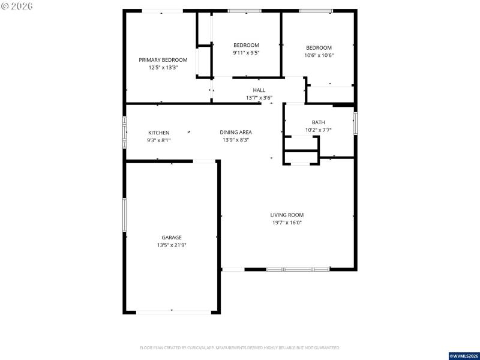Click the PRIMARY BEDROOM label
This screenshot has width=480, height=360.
(163, 60)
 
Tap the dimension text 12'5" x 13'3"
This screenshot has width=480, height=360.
(163, 68)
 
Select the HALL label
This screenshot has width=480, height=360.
(259, 90)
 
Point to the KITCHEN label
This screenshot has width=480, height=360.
(159, 133)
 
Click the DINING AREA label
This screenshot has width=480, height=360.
(236, 133)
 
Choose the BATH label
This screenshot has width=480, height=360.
(318, 122)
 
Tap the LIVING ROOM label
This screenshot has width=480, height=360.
(287, 215)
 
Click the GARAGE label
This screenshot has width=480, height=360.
(171, 238)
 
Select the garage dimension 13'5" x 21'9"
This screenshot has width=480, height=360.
(171, 245)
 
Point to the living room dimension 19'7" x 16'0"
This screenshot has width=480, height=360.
(287, 223)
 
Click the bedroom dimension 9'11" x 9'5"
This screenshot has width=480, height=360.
(246, 53)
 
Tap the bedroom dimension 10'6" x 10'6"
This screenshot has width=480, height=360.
(319, 56)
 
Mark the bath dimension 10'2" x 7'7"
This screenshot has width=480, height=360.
(318, 130)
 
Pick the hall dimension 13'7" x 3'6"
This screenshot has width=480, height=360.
(259, 98)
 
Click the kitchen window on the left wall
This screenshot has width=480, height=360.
(125, 131)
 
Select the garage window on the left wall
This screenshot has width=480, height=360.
(125, 215)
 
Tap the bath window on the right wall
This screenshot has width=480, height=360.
(355, 122)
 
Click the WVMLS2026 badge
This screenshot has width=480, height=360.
(464, 355)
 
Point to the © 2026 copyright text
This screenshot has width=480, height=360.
(17, 6)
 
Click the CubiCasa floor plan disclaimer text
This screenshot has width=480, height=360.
(240, 347)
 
